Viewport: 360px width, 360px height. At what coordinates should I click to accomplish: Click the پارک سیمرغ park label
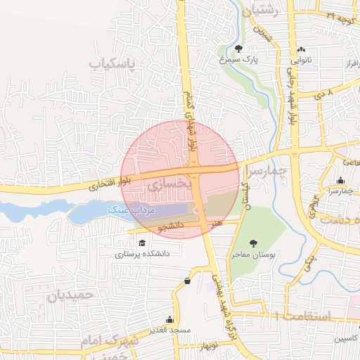239,60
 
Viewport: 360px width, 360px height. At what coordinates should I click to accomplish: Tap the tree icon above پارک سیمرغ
239,49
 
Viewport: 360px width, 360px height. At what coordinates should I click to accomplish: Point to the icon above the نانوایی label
302,49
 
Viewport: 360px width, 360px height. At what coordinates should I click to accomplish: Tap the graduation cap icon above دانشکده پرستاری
142,243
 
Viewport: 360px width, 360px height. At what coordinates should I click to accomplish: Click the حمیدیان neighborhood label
71,295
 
